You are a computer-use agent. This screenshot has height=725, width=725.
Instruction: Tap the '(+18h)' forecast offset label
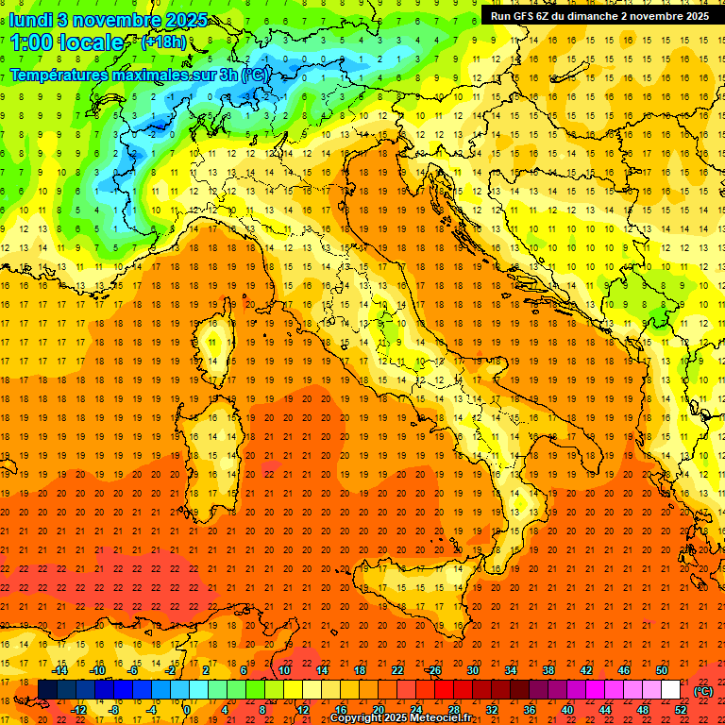[x=163, y=42]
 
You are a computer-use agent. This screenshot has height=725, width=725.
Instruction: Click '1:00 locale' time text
[x=67, y=42]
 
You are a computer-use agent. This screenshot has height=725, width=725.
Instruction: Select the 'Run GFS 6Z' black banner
[x=600, y=15]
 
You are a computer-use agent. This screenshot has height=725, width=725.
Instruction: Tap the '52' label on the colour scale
[x=681, y=710]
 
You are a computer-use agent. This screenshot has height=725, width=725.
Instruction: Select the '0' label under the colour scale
[x=187, y=710]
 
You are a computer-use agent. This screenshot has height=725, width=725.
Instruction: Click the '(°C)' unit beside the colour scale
[x=702, y=691]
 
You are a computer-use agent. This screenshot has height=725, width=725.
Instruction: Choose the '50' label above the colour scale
[x=662, y=670]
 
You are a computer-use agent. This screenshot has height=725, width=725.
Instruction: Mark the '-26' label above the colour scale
[x=433, y=670]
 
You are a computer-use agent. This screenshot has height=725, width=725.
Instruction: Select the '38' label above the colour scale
[x=548, y=670]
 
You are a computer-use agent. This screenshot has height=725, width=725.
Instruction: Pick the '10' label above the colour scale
[x=283, y=670]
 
